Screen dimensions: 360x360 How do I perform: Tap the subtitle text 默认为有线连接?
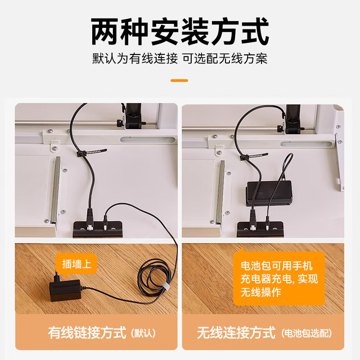(x=135, y=59)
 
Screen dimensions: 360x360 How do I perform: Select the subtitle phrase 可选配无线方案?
(x=225, y=59)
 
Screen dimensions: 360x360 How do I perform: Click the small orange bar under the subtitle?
(x=180, y=80)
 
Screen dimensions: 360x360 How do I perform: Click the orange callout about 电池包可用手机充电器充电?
(x=279, y=279)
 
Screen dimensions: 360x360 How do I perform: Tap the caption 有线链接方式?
(x=87, y=333)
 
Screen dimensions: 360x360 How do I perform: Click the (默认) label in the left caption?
(x=143, y=334)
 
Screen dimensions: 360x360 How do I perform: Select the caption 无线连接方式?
(x=236, y=333)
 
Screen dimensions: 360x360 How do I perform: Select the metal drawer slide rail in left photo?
(x=55, y=191)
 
